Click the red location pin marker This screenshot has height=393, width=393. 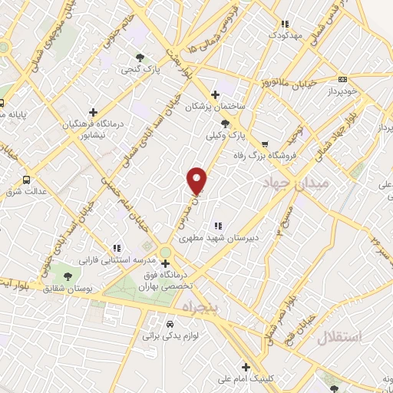197,180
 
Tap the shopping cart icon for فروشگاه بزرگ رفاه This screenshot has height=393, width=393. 265,144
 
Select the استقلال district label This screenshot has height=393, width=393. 328,335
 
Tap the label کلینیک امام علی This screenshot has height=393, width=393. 248,379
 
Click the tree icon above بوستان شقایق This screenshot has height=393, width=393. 69,275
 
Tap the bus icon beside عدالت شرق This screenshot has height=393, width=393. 27,180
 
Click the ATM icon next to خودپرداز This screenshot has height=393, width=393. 342,78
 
